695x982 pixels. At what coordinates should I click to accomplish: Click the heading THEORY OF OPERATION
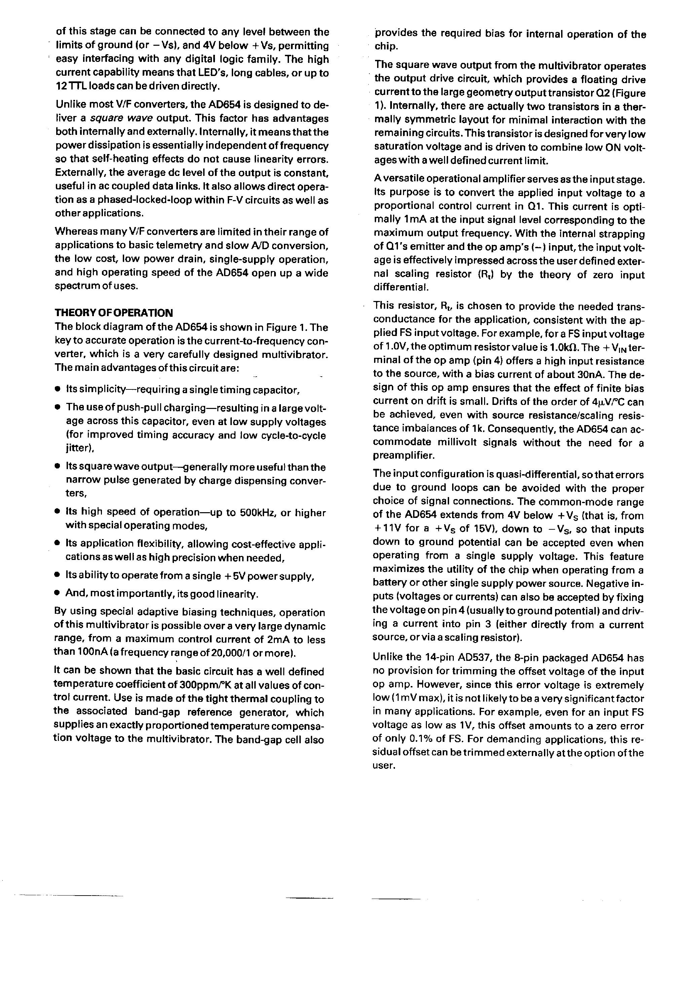[114, 313]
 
